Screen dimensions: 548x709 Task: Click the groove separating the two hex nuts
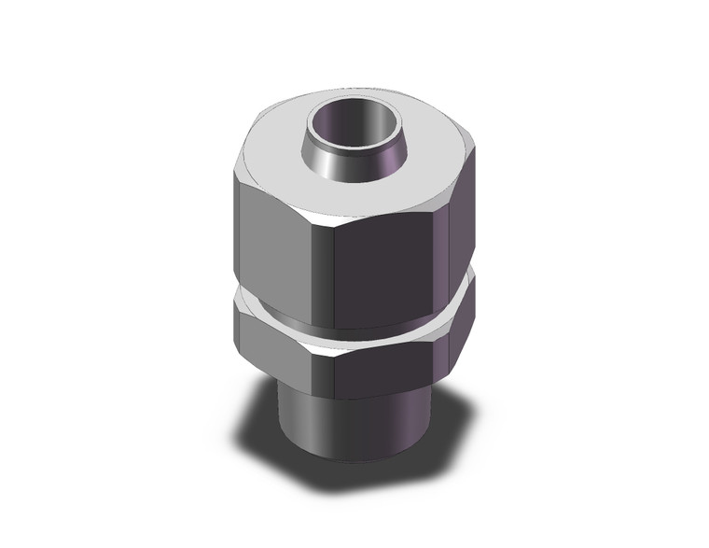(354, 322)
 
